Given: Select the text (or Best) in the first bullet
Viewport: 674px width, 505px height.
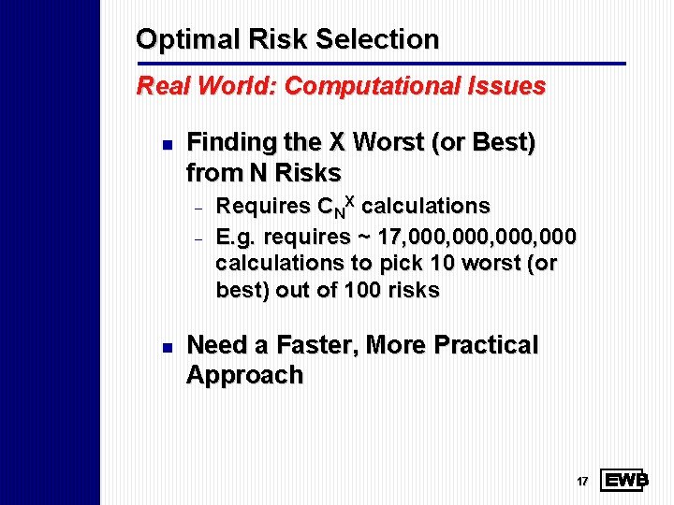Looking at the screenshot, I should click(488, 142).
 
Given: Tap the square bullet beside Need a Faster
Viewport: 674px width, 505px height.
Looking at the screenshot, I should click(165, 348).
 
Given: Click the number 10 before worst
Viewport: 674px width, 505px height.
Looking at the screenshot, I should click(440, 263).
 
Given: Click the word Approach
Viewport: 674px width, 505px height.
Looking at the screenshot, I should click(244, 376).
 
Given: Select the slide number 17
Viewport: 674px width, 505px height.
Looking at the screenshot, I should click(582, 482).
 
